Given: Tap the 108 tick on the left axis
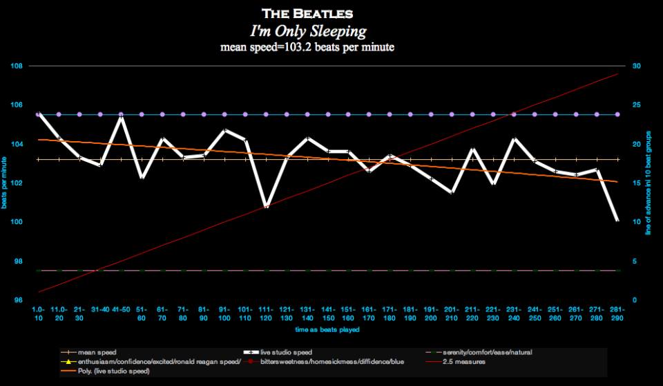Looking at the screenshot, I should point(17,66).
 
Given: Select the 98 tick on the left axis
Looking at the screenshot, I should point(17,261).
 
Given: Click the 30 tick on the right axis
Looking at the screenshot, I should point(636,66).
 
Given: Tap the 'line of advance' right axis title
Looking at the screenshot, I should point(648,183).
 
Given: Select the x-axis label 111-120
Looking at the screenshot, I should point(266,313).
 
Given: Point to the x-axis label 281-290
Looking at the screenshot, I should point(617,313).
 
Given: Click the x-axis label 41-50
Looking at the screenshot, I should point(121,309).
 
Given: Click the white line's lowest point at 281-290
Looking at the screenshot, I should point(617,221).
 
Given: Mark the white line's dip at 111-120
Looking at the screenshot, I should point(266,206).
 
